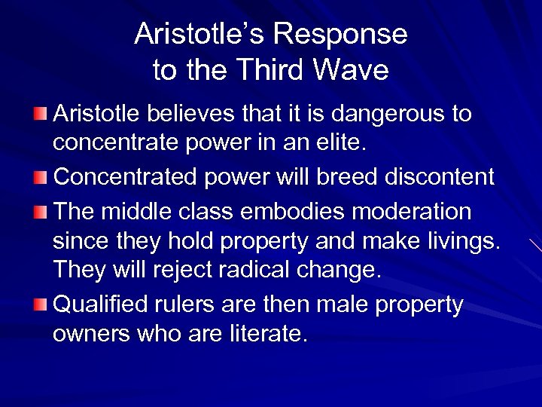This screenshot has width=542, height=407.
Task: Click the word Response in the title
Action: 340,34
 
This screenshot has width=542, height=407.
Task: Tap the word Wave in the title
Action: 352,70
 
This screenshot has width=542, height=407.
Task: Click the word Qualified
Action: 105,304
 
